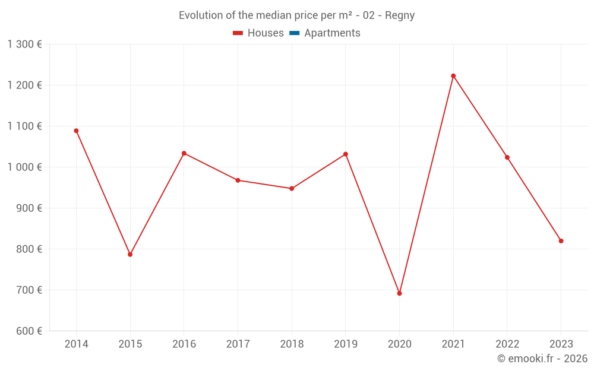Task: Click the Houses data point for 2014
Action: point(76,131)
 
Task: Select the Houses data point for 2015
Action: point(130,254)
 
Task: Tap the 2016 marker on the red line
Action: point(184,153)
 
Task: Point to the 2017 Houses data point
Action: point(238,180)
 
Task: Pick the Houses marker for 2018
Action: point(292,188)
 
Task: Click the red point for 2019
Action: point(346,154)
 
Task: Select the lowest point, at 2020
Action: point(399,293)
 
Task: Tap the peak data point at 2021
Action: point(453,76)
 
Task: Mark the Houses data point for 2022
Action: point(507,157)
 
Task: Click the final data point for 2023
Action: point(561,241)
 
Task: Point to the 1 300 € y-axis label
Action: point(24,44)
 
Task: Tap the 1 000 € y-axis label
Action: point(24,167)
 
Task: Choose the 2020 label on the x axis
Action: point(399,344)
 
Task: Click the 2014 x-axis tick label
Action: point(76,344)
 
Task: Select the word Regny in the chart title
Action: point(400,15)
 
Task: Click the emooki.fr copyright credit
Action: point(542,359)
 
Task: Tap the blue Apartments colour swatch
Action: point(294,33)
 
